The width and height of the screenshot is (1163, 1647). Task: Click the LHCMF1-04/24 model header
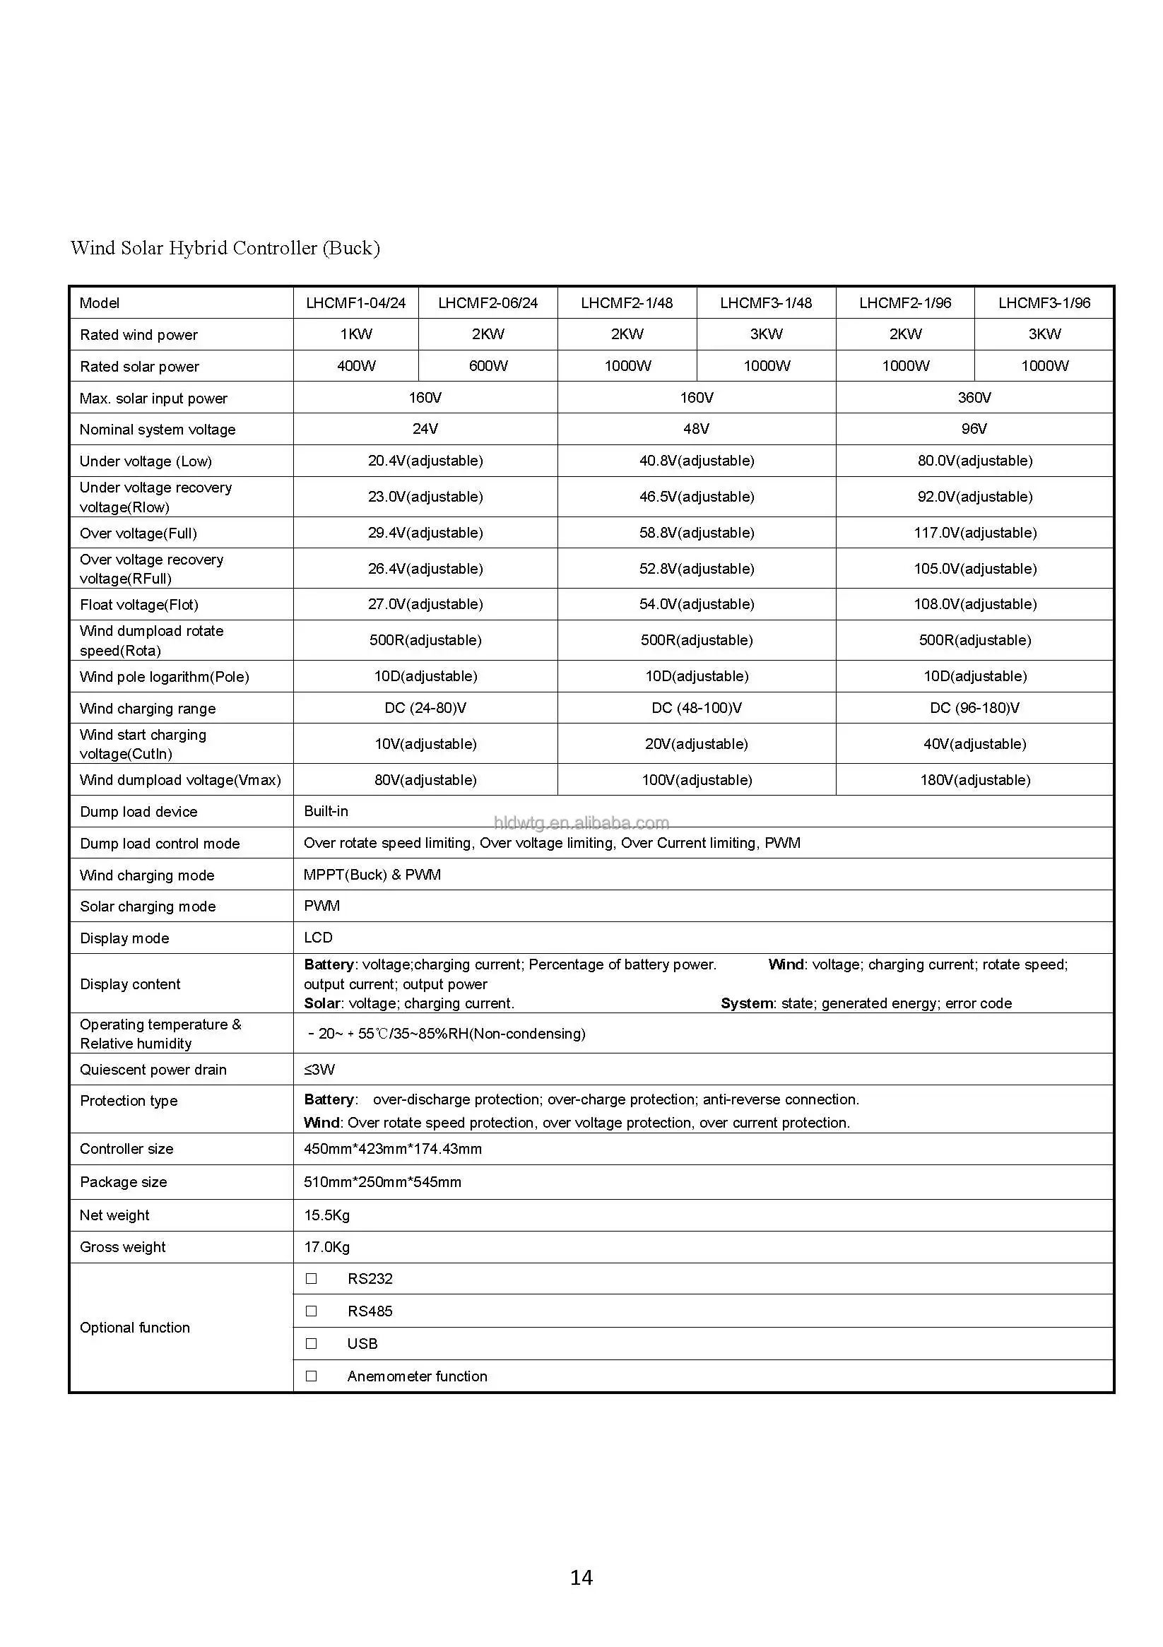tap(355, 302)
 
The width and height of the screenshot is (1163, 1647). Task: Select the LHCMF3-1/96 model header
tap(1044, 302)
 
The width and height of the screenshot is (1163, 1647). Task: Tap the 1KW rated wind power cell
tap(355, 334)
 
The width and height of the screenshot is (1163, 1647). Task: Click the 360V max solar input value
tap(974, 397)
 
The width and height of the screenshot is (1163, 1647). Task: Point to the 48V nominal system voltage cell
tap(696, 429)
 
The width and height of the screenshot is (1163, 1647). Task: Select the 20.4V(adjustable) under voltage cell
tap(425, 461)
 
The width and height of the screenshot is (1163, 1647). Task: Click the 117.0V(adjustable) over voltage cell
tap(974, 533)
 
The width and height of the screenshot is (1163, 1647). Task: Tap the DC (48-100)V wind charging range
tap(696, 708)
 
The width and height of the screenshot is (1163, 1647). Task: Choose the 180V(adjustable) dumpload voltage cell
tap(974, 780)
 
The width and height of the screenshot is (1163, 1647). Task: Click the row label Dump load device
tap(138, 812)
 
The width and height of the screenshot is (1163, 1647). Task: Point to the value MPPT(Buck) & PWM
tap(372, 875)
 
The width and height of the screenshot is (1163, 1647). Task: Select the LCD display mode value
tap(318, 938)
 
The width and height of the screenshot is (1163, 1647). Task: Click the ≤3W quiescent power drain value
tap(319, 1070)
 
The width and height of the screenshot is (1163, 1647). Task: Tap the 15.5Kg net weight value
tap(326, 1215)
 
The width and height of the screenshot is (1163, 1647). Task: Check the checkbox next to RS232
tap(312, 1278)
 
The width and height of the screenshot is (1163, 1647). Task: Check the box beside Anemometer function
tap(312, 1376)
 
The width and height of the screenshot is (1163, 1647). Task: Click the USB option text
tap(362, 1344)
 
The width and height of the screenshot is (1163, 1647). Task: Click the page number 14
tap(581, 1578)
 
